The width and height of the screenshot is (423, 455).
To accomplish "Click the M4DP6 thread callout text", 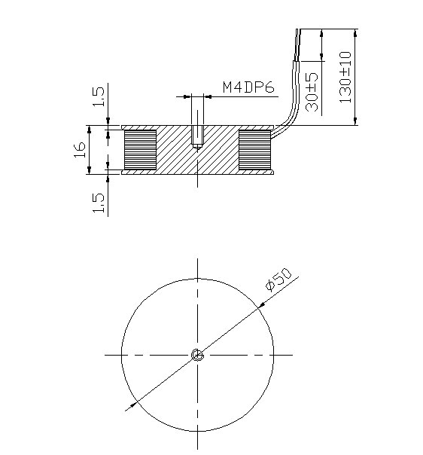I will click(249, 87).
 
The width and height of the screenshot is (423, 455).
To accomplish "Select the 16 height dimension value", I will click(78, 149).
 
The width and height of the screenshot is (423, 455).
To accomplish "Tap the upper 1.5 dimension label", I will click(97, 97).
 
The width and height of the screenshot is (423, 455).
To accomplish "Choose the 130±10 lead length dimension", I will click(346, 77).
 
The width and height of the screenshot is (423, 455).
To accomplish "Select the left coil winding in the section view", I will click(140, 149).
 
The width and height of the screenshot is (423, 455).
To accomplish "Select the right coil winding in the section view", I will click(254, 149).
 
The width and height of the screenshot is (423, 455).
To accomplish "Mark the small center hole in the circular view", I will click(197, 355).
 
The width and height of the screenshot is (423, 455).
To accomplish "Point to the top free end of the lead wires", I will click(298, 32).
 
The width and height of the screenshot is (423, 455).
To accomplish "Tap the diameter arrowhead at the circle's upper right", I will click(260, 305).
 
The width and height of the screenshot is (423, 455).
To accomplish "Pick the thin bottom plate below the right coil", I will click(254, 172).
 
